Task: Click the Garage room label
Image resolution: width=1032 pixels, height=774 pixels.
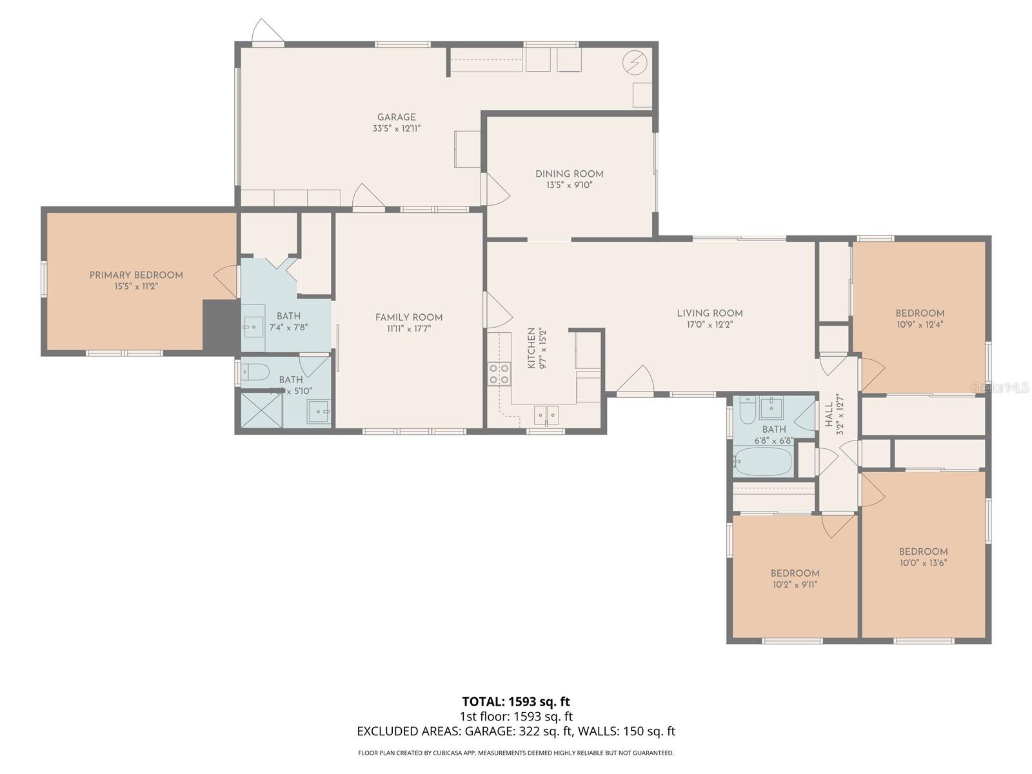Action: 396,117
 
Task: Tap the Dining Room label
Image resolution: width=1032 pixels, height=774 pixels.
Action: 569,174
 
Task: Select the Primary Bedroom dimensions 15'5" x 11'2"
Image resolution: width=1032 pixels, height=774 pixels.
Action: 136,286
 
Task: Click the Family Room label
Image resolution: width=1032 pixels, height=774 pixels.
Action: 409,317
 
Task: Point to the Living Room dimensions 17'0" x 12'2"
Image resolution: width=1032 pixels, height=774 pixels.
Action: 709,324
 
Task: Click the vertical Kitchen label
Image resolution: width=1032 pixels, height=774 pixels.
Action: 531,348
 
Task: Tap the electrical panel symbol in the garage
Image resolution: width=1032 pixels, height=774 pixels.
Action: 634,63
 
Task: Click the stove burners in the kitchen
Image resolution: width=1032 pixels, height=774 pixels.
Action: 499,374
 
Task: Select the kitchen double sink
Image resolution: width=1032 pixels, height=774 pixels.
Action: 546,415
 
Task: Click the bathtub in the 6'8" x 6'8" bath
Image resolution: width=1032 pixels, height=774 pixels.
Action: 762,461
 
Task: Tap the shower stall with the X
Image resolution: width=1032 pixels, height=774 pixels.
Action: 261,409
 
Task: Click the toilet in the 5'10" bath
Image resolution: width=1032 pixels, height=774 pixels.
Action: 255,371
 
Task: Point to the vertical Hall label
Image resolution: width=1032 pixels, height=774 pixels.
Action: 829,416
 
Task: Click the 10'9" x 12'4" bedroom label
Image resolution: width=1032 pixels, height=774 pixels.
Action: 920,319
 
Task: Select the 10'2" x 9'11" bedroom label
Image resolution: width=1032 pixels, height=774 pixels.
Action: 795,579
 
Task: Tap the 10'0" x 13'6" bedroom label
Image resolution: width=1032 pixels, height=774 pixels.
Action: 923,557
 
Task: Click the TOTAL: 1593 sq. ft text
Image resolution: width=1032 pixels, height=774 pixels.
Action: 516,701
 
